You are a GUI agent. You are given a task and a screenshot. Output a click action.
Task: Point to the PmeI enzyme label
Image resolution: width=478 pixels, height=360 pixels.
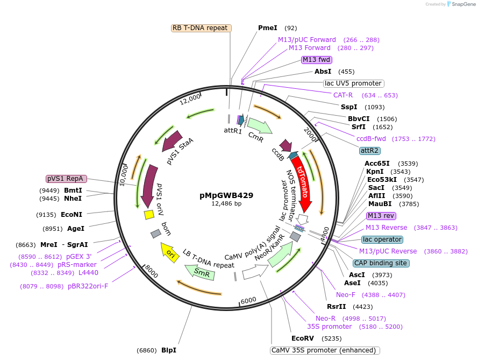tap(268, 28)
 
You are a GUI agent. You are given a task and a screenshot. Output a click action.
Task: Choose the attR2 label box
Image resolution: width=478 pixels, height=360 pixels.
tap(370, 150)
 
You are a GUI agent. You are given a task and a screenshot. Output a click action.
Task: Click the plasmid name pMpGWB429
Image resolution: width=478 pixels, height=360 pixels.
tap(226, 195)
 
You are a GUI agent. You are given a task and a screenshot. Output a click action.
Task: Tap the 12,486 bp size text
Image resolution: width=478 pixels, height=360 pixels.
tap(226, 204)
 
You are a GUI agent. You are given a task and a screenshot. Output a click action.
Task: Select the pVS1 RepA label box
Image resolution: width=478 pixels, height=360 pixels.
tap(65, 178)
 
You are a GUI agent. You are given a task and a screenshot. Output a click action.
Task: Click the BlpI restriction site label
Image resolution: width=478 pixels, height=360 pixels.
tap(169, 350)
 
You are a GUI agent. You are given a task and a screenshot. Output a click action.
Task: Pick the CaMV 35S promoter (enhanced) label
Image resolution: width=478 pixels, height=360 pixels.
tap(325, 350)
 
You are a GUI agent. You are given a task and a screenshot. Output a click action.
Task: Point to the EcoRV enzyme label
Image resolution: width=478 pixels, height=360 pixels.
tap(302, 338)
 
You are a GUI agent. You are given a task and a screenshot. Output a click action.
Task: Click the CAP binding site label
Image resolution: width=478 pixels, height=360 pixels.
tap(381, 263)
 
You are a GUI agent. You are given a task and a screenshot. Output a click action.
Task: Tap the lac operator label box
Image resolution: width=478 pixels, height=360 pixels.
tap(382, 239)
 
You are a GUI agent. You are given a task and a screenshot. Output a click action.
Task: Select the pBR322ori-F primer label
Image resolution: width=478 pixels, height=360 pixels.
tap(88, 286)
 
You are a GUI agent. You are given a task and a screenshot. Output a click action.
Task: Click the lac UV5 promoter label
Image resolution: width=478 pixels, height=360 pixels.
tap(353, 83)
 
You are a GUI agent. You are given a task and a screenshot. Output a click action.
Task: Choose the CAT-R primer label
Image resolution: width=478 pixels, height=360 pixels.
tap(343, 95)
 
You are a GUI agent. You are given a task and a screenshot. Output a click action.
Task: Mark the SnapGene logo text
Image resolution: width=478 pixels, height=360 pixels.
tap(462, 4)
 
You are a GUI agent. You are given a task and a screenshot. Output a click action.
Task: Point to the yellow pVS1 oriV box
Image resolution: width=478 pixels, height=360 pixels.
tap(149, 214)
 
